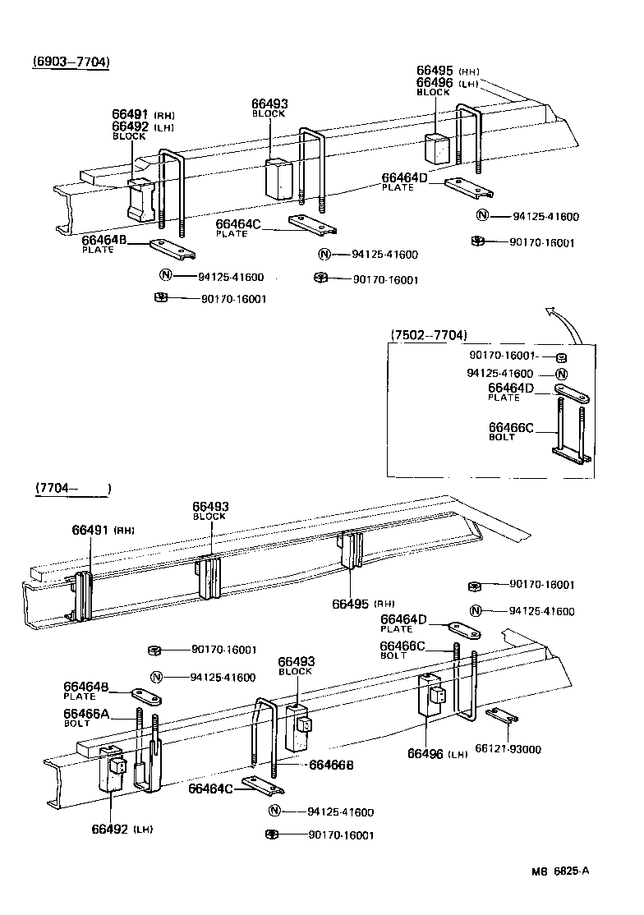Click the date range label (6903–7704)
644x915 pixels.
click(x=71, y=62)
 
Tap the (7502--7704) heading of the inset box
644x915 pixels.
click(x=429, y=335)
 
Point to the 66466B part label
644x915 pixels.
click(x=331, y=765)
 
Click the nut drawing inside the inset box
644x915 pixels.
click(x=561, y=356)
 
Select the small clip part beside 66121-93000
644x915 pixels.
click(x=500, y=715)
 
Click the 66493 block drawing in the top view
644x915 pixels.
click(x=278, y=179)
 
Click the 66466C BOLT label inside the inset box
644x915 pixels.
click(x=511, y=431)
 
